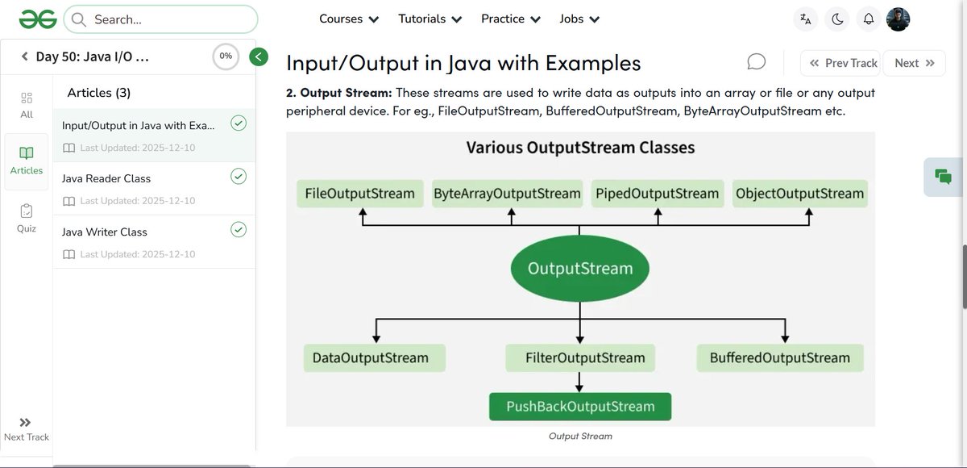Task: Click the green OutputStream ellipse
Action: [x=580, y=269]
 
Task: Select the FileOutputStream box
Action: [x=359, y=194]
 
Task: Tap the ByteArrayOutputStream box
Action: [x=507, y=194]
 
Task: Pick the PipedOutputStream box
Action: [x=657, y=194]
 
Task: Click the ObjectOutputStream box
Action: [x=799, y=194]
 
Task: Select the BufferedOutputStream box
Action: [x=779, y=357]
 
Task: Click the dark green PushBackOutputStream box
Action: [x=580, y=407]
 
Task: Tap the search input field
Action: [x=161, y=19]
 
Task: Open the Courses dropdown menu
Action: [x=349, y=19]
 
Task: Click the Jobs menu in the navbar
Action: [x=579, y=19]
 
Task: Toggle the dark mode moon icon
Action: [x=837, y=19]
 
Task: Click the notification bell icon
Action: [x=868, y=19]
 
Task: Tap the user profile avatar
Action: [x=898, y=19]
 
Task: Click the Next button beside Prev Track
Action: [x=914, y=63]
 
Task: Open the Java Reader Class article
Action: [x=106, y=178]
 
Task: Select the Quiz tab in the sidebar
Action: [x=27, y=218]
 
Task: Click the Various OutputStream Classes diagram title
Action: [x=580, y=148]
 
